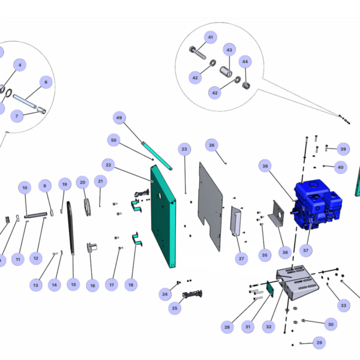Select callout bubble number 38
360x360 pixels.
[x=266, y=166]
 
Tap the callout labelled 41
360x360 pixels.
[x=210, y=37]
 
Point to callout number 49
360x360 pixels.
[x=119, y=118]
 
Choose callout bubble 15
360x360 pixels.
[x=73, y=284]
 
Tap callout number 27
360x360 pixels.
[x=241, y=259]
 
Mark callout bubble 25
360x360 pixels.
[x=175, y=308]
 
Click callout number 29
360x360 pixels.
[x=319, y=343]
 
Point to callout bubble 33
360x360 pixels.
[x=343, y=305]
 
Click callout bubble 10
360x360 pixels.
[x=25, y=188]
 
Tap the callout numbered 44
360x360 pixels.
[x=244, y=62]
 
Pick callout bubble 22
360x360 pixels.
[x=108, y=164]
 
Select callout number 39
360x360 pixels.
[x=343, y=149]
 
